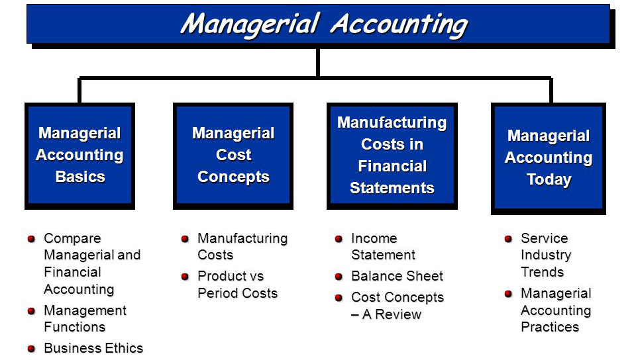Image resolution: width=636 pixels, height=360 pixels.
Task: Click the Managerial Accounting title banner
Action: (x=318, y=24)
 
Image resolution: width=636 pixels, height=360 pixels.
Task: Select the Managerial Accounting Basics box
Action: (x=79, y=155)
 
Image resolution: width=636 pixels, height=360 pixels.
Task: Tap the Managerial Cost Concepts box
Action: (x=233, y=155)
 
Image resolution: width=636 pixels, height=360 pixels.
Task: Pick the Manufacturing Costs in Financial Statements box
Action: (x=392, y=155)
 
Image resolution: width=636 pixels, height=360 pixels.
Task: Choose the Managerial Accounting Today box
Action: (x=548, y=157)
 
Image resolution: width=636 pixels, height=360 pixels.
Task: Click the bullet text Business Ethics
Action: (x=93, y=348)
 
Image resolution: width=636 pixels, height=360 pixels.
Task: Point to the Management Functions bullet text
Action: (x=84, y=318)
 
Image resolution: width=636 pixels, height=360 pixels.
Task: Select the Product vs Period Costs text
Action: (x=237, y=284)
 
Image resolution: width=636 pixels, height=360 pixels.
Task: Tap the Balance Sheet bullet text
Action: (x=397, y=276)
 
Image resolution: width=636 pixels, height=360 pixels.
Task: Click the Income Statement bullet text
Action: (x=383, y=246)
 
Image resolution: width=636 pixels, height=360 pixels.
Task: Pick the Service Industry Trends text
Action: (x=545, y=255)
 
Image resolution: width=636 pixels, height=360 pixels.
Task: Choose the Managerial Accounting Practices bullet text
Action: (x=555, y=310)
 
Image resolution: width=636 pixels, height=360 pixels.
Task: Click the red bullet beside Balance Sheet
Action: (x=339, y=277)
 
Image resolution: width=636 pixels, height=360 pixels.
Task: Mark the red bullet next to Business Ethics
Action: (x=31, y=348)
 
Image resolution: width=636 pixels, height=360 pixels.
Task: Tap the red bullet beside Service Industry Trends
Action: (x=508, y=238)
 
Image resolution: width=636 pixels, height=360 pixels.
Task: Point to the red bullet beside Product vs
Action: (x=185, y=276)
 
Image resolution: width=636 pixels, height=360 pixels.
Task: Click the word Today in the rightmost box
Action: (x=549, y=179)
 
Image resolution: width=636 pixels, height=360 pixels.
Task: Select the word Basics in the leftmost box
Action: (x=80, y=177)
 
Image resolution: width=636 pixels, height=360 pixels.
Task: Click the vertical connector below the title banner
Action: (x=318, y=62)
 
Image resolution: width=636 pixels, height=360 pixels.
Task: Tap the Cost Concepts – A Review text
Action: (x=397, y=306)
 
